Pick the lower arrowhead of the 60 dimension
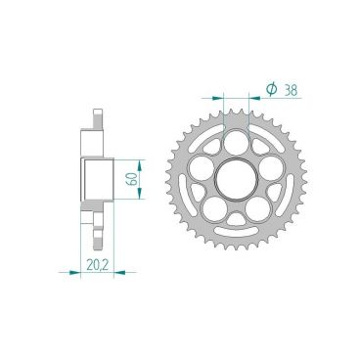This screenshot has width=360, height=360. (144, 202)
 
